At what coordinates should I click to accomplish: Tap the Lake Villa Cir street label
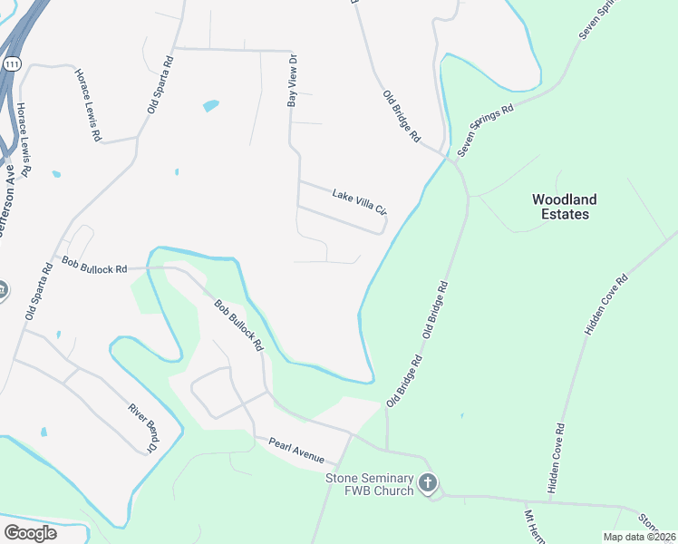pyautogui.click(x=359, y=202)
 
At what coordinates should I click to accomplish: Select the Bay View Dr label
pyautogui.click(x=293, y=80)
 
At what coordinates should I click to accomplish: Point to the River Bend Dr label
pyautogui.click(x=143, y=427)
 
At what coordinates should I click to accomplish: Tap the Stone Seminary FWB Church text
pyautogui.click(x=370, y=484)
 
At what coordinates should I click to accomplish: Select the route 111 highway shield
pyautogui.click(x=11, y=64)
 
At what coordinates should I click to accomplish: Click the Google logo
pyautogui.click(x=30, y=532)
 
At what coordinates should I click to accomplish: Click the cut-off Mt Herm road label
pyautogui.click(x=533, y=526)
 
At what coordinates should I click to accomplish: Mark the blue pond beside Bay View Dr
pyautogui.click(x=210, y=105)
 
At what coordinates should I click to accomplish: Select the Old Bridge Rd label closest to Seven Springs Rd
pyautogui.click(x=402, y=117)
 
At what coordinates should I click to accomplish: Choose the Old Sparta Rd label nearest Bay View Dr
pyautogui.click(x=160, y=83)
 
